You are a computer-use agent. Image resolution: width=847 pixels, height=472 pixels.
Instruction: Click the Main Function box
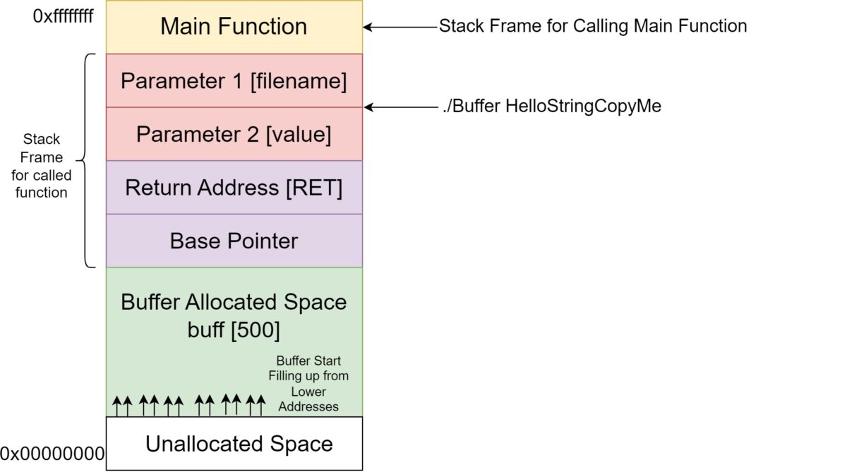tap(234, 27)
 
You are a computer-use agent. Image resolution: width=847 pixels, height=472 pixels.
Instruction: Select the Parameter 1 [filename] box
tap(234, 80)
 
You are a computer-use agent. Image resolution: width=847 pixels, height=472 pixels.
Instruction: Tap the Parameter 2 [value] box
tap(234, 134)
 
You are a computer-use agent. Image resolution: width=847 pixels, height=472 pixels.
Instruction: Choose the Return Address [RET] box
tap(234, 188)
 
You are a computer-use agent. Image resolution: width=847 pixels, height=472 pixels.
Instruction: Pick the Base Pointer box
tap(234, 241)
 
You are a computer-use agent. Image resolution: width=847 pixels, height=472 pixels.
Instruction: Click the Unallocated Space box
tap(239, 444)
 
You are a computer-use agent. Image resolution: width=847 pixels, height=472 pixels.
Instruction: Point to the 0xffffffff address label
tap(63, 16)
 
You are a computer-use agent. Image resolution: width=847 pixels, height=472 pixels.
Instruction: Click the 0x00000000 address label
tap(52, 453)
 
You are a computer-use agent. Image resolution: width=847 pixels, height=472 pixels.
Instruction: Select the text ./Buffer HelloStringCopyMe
tap(550, 107)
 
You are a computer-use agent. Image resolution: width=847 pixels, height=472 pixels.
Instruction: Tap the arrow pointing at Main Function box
tap(400, 27)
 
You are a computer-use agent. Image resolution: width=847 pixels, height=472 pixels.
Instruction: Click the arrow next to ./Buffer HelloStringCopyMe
tap(400, 107)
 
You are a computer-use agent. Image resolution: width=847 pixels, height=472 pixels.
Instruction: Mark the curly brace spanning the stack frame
tap(88, 161)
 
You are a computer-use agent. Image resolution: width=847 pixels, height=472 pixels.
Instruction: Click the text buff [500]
tap(234, 329)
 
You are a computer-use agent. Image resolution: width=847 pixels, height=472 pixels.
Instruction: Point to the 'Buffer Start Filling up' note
tap(308, 384)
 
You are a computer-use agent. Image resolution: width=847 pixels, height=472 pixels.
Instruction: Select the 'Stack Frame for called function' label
tap(41, 165)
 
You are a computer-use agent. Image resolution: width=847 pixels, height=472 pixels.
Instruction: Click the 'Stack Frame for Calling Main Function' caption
tap(593, 27)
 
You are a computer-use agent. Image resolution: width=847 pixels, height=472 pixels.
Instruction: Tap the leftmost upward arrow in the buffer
tap(117, 405)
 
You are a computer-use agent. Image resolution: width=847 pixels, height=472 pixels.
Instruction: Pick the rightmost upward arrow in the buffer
tap(260, 405)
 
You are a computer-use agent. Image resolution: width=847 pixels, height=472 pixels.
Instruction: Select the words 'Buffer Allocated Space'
tap(234, 302)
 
